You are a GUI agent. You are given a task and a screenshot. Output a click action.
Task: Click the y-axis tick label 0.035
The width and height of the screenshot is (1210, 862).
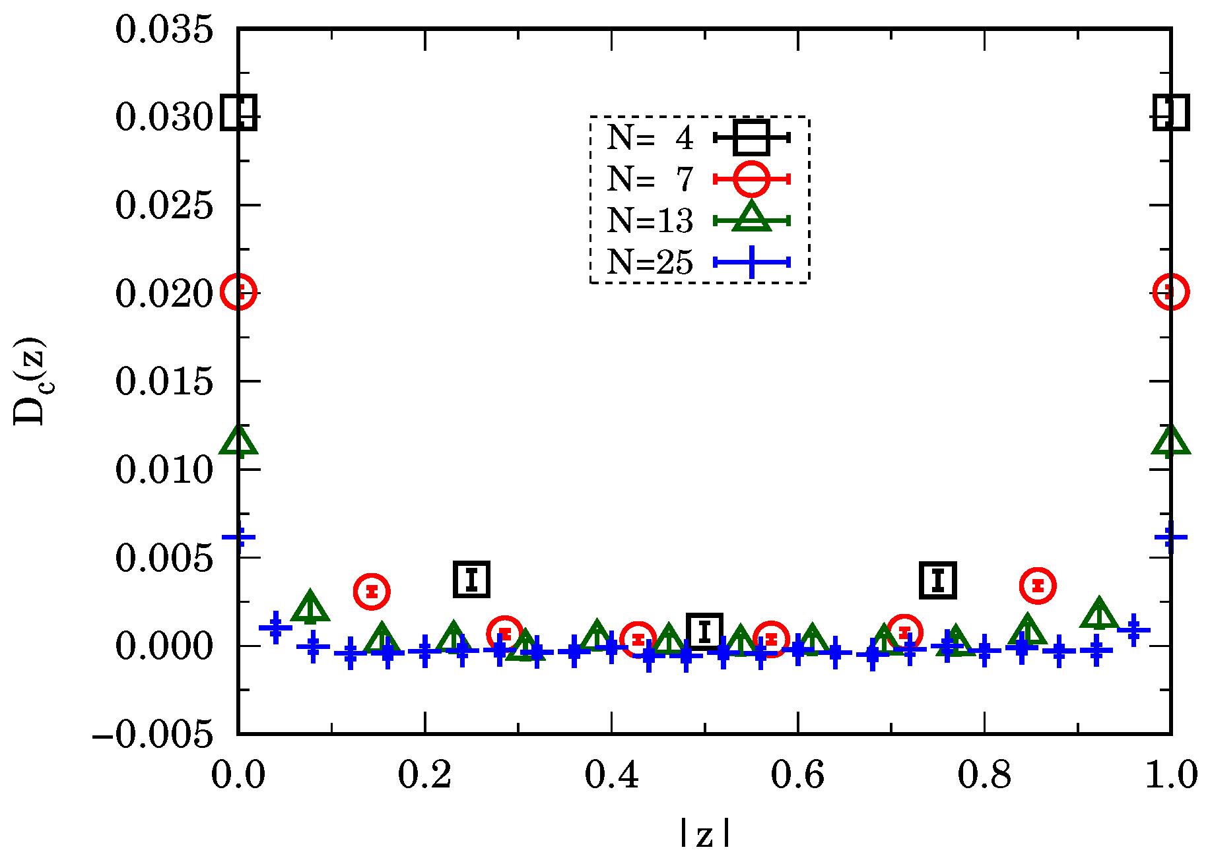pos(164,30)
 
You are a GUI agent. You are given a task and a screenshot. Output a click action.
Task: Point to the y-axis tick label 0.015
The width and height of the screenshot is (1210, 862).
pos(164,382)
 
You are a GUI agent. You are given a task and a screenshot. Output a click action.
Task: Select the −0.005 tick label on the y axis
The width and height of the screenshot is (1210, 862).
pos(153,734)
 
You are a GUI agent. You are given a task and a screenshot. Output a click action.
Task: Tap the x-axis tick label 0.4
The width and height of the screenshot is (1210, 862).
pos(611,774)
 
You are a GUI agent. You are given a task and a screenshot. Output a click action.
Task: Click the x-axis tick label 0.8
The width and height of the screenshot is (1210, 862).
pos(984,774)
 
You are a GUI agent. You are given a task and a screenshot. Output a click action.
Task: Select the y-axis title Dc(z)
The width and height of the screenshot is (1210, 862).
pos(30,381)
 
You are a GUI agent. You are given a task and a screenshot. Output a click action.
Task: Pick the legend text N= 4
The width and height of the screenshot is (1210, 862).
pos(650,138)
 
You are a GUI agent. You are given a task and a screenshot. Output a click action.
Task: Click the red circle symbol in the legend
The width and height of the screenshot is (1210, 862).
pos(751,179)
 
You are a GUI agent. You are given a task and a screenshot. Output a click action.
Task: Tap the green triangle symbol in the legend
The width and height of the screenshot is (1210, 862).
pos(751,218)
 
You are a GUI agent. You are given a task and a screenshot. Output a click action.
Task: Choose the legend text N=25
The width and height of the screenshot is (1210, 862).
pos(650,262)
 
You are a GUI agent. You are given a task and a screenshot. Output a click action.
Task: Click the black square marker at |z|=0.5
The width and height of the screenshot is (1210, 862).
pos(704,631)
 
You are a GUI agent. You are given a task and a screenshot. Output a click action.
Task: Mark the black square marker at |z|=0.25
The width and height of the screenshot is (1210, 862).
pos(471,580)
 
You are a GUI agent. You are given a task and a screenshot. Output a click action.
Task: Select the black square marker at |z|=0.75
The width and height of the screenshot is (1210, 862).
pos(938,580)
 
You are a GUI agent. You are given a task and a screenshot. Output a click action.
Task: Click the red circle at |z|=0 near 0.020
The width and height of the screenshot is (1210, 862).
pos(238,292)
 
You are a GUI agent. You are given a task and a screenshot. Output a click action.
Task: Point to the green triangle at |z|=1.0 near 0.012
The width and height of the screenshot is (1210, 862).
pos(1170,442)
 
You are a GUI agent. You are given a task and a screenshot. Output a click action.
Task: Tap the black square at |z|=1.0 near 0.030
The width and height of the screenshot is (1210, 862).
pos(1170,113)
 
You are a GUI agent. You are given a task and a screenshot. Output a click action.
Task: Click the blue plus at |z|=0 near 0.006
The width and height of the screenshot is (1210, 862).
pos(238,537)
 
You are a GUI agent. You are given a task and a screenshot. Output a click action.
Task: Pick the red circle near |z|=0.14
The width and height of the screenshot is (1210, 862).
pos(372,591)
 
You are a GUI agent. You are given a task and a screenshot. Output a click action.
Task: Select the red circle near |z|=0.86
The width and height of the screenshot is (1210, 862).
pos(1038,585)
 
